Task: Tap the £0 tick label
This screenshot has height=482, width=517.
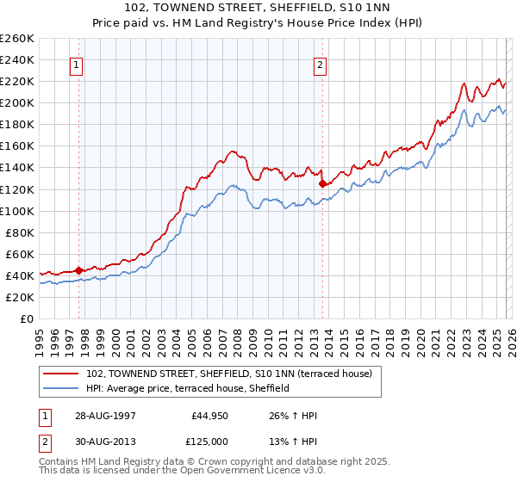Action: [27, 318]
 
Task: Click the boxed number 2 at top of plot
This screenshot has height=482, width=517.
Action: [321, 65]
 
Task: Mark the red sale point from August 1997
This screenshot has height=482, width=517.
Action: [79, 270]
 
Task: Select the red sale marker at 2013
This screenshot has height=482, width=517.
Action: [322, 183]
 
